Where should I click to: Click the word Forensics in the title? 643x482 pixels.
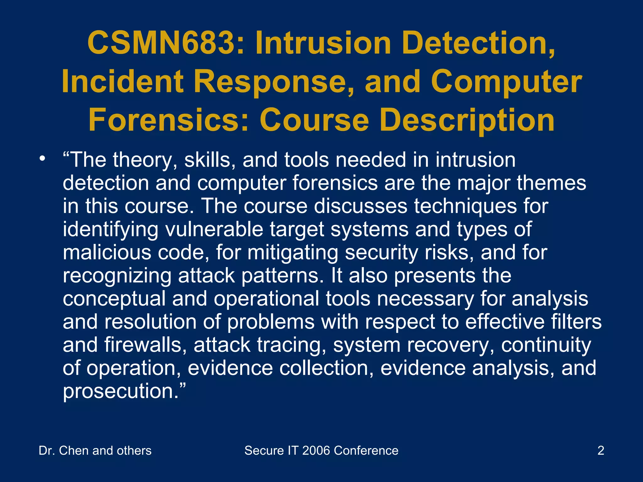pyautogui.click(x=168, y=120)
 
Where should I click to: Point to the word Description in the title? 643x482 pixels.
pyautogui.click(x=467, y=120)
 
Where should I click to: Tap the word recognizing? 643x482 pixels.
pyautogui.click(x=117, y=276)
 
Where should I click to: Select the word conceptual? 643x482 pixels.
pyautogui.click(x=114, y=299)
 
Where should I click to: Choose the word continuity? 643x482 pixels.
pyautogui.click(x=546, y=345)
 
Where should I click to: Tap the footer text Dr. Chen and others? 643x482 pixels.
pyautogui.click(x=95, y=451)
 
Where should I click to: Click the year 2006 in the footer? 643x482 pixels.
pyautogui.click(x=316, y=451)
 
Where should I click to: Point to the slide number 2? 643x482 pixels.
pyautogui.click(x=601, y=451)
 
